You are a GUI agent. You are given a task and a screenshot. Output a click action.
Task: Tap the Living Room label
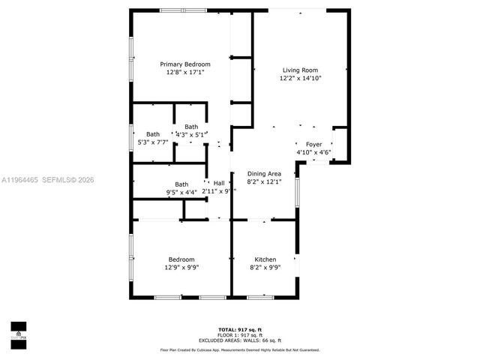pyautogui.click(x=300, y=70)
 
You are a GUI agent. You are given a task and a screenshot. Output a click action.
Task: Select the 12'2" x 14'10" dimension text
pyautogui.click(x=300, y=78)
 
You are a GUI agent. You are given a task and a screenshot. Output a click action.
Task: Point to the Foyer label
pyautogui.click(x=313, y=144)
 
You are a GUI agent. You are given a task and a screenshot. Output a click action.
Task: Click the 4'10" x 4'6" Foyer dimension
pyautogui.click(x=313, y=152)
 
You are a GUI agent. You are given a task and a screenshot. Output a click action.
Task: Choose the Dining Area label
pyautogui.click(x=263, y=174)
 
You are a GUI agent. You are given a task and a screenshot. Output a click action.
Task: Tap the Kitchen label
pyautogui.click(x=265, y=259)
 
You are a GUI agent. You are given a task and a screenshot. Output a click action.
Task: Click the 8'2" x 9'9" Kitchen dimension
pyautogui.click(x=265, y=267)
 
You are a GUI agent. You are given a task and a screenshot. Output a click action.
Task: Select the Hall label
pyautogui.click(x=219, y=183)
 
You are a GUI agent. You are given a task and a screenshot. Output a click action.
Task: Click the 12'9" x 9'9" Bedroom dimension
pyautogui.click(x=181, y=267)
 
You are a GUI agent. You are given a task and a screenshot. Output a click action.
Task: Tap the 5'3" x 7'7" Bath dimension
pyautogui.click(x=153, y=142)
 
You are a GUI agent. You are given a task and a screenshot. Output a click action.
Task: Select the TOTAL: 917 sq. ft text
pyautogui.click(x=239, y=330)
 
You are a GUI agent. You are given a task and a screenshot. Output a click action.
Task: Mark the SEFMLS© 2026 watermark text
pyautogui.click(x=68, y=180)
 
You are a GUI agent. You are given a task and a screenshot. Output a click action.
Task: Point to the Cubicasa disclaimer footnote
pyautogui.click(x=239, y=349)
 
